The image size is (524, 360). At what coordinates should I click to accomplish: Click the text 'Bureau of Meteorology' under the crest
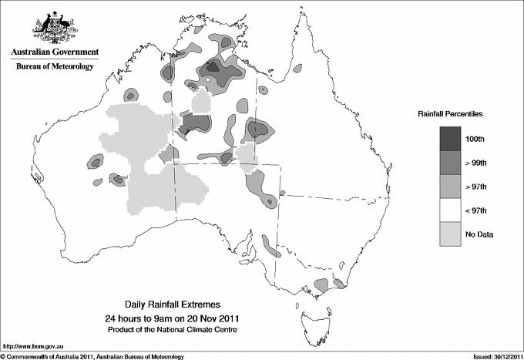click(54, 67)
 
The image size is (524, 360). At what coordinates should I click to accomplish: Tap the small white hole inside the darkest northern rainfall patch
click(208, 79)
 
